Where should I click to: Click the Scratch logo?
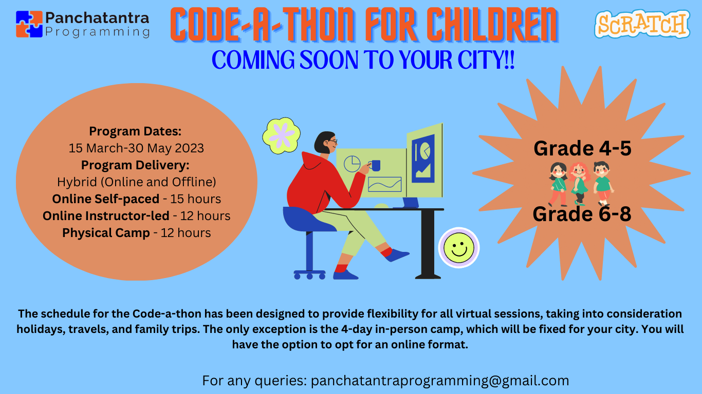coord(642,24)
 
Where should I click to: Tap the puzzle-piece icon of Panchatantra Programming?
coord(29,24)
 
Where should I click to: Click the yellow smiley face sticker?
coord(458,248)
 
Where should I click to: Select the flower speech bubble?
coord(281,134)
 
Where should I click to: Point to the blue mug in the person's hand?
coord(375,165)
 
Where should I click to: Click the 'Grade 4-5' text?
coord(582,148)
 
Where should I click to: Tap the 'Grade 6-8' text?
coord(582,214)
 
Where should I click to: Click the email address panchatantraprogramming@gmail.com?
coord(440,381)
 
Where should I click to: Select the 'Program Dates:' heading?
coord(135,131)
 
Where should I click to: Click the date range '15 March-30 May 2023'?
coord(136,148)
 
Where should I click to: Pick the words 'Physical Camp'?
coord(106,233)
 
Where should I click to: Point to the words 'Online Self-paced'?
coord(105,199)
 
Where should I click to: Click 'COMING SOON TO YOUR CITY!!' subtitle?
coord(363,61)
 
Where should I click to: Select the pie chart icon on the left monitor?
coord(352,164)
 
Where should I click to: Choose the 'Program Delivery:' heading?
coord(135,165)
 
